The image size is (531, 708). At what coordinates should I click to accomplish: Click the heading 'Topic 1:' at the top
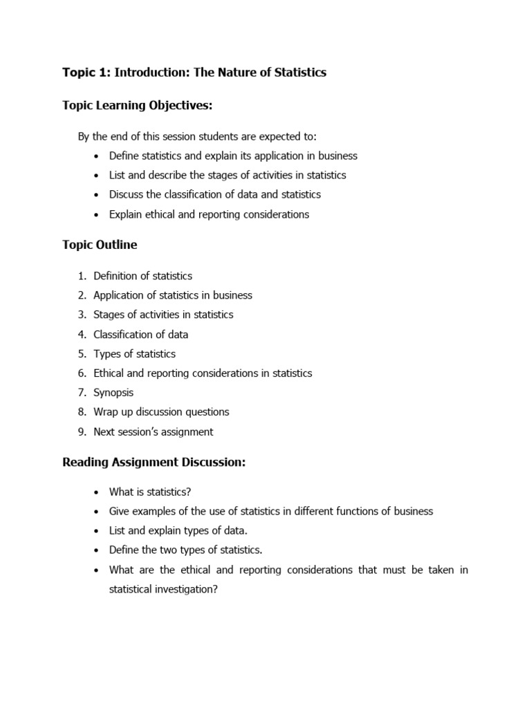(x=86, y=72)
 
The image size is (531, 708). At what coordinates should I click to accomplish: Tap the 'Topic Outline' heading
(x=100, y=245)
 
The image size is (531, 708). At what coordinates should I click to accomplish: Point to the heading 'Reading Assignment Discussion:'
(x=153, y=463)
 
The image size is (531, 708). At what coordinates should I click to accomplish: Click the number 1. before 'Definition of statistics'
(x=82, y=276)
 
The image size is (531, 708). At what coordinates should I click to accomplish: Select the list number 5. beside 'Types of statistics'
(x=82, y=354)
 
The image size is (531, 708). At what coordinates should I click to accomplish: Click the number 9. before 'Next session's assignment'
(x=82, y=432)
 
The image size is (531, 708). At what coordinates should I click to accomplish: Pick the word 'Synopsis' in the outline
(x=113, y=393)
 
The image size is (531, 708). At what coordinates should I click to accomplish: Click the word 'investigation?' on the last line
(x=183, y=590)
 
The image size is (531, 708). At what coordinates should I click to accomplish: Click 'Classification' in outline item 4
(x=124, y=335)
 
